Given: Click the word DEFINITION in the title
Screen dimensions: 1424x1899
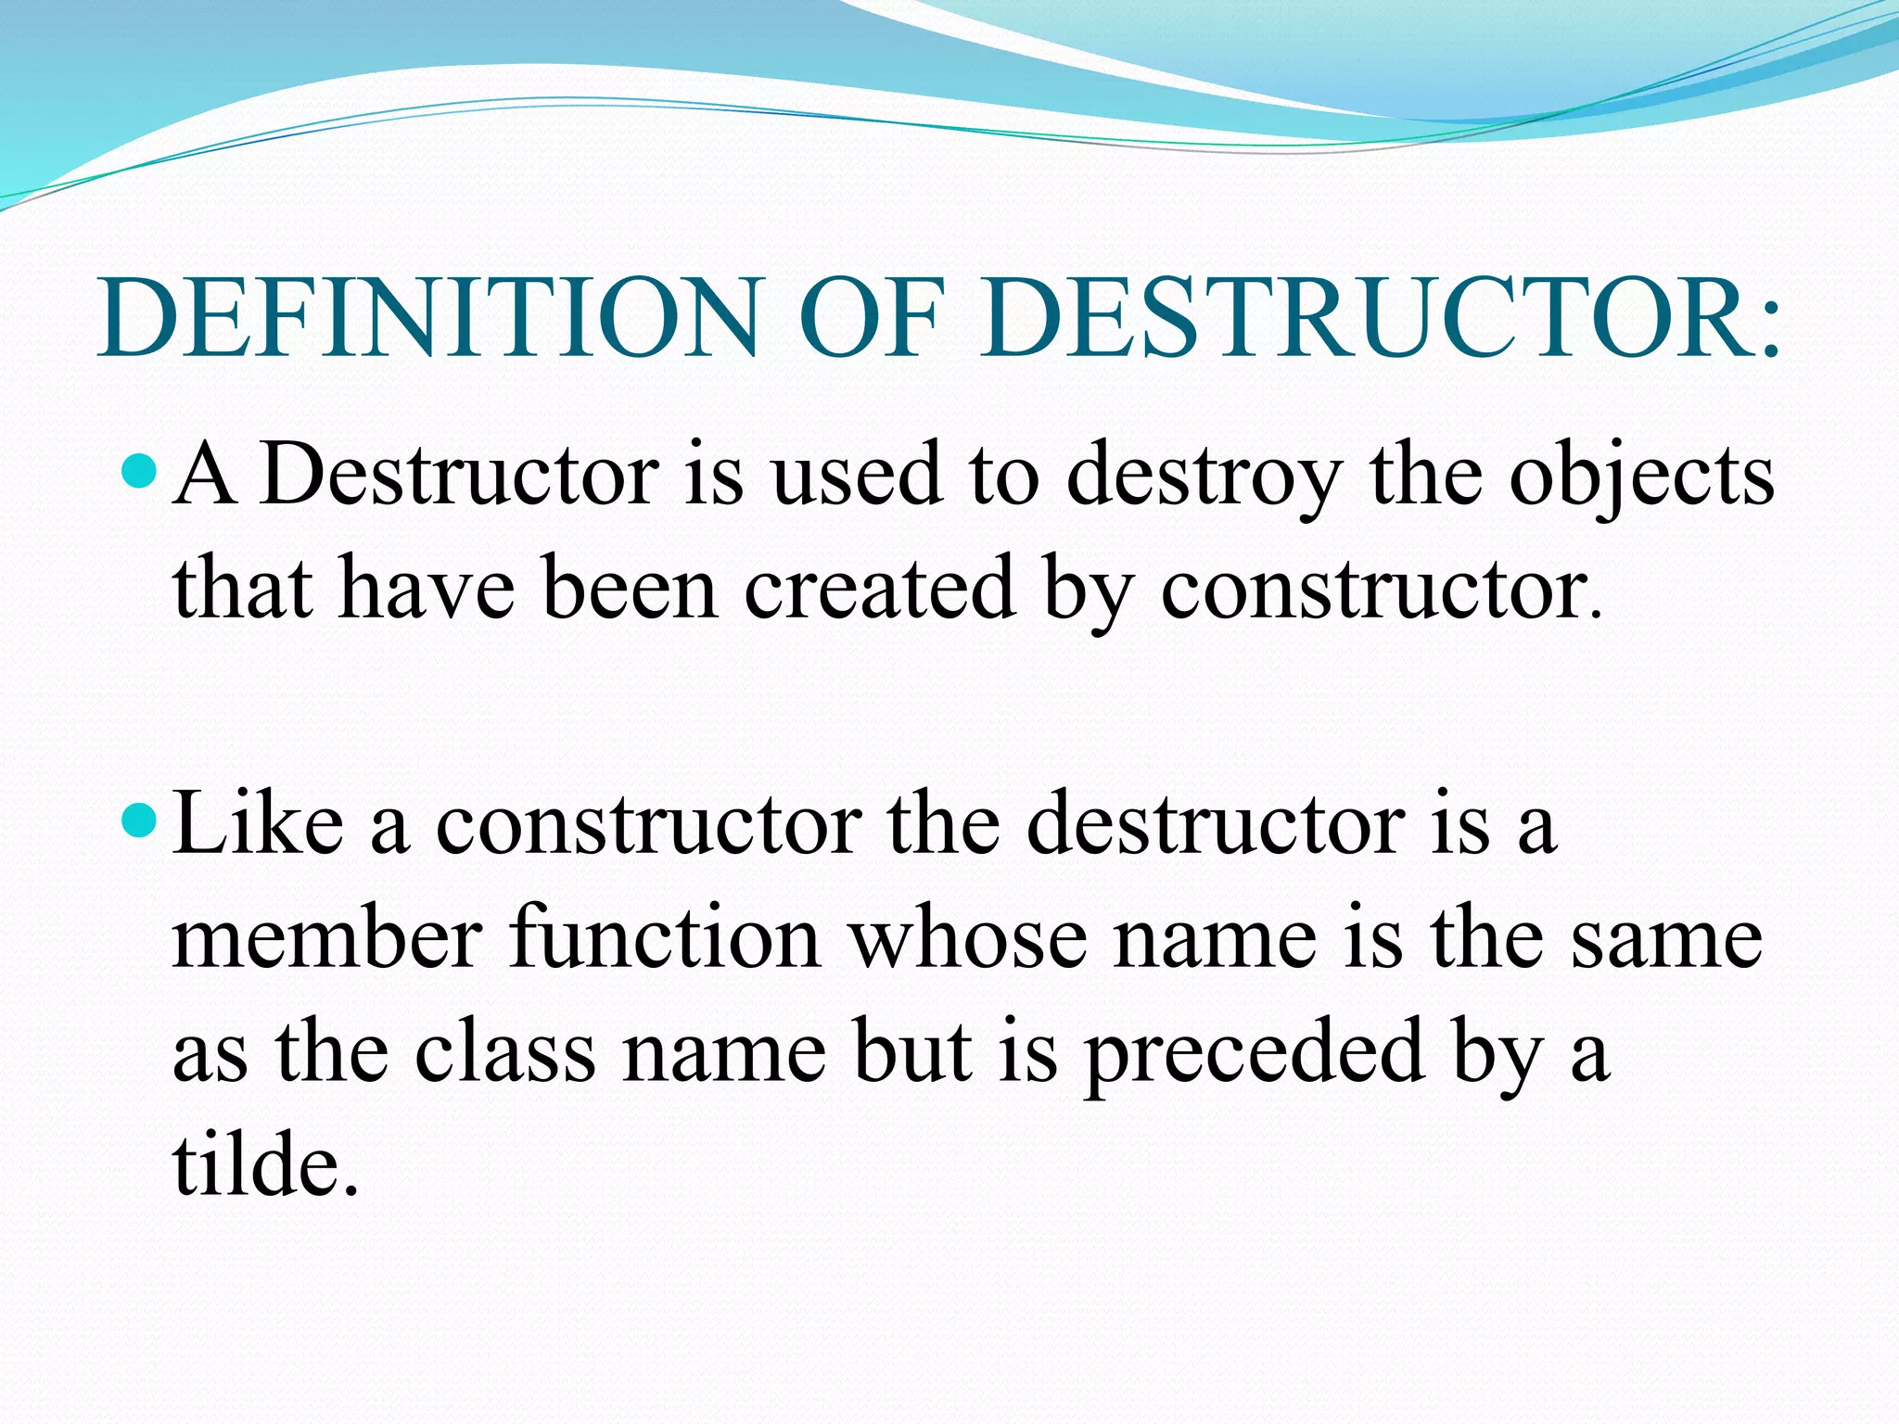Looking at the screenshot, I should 428,317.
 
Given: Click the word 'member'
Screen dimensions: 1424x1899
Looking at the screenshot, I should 326,938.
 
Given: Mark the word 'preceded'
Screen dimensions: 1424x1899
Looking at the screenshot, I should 1255,1055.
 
